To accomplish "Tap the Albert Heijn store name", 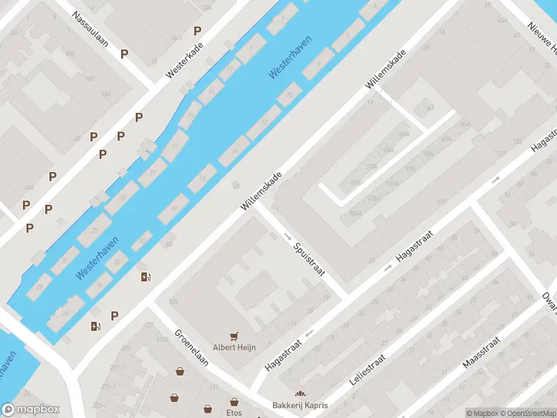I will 234,347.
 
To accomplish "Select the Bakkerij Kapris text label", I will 300,405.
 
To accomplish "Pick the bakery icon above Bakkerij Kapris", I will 301,394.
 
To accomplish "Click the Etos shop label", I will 235,412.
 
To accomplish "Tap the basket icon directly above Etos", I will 235,401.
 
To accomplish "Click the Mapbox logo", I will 31,410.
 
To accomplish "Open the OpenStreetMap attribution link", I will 528,412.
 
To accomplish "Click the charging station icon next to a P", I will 95,325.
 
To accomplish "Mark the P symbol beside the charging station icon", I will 114,316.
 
